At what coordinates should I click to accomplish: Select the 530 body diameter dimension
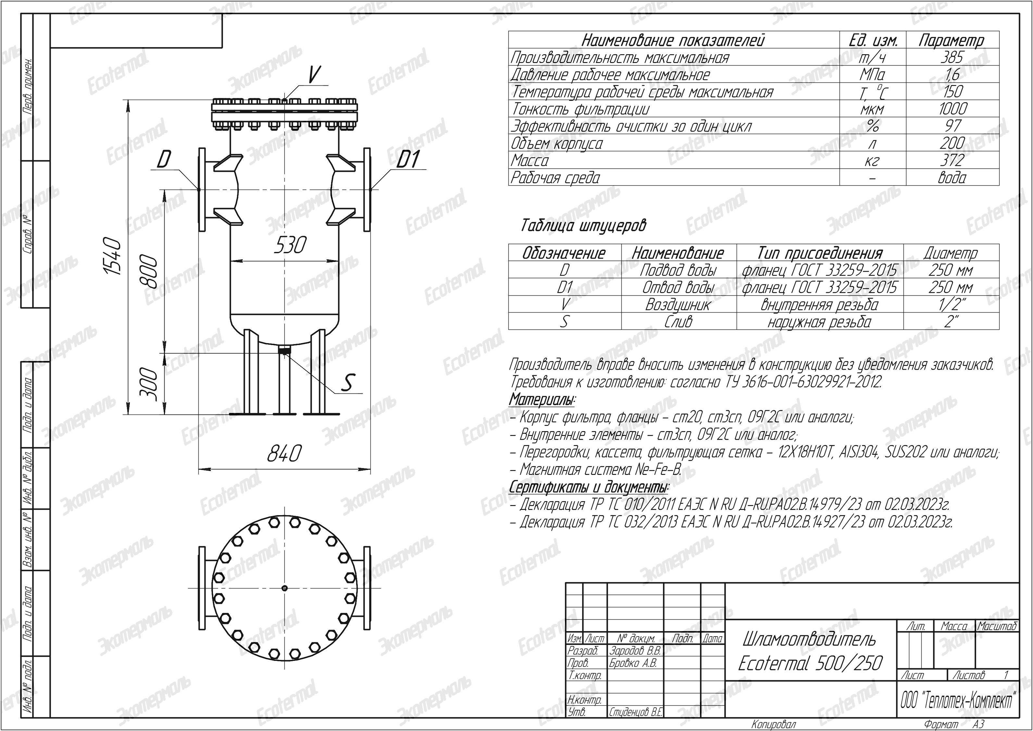(x=290, y=245)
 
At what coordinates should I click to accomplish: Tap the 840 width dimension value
(x=284, y=453)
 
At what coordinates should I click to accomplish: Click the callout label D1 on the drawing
(x=407, y=159)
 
